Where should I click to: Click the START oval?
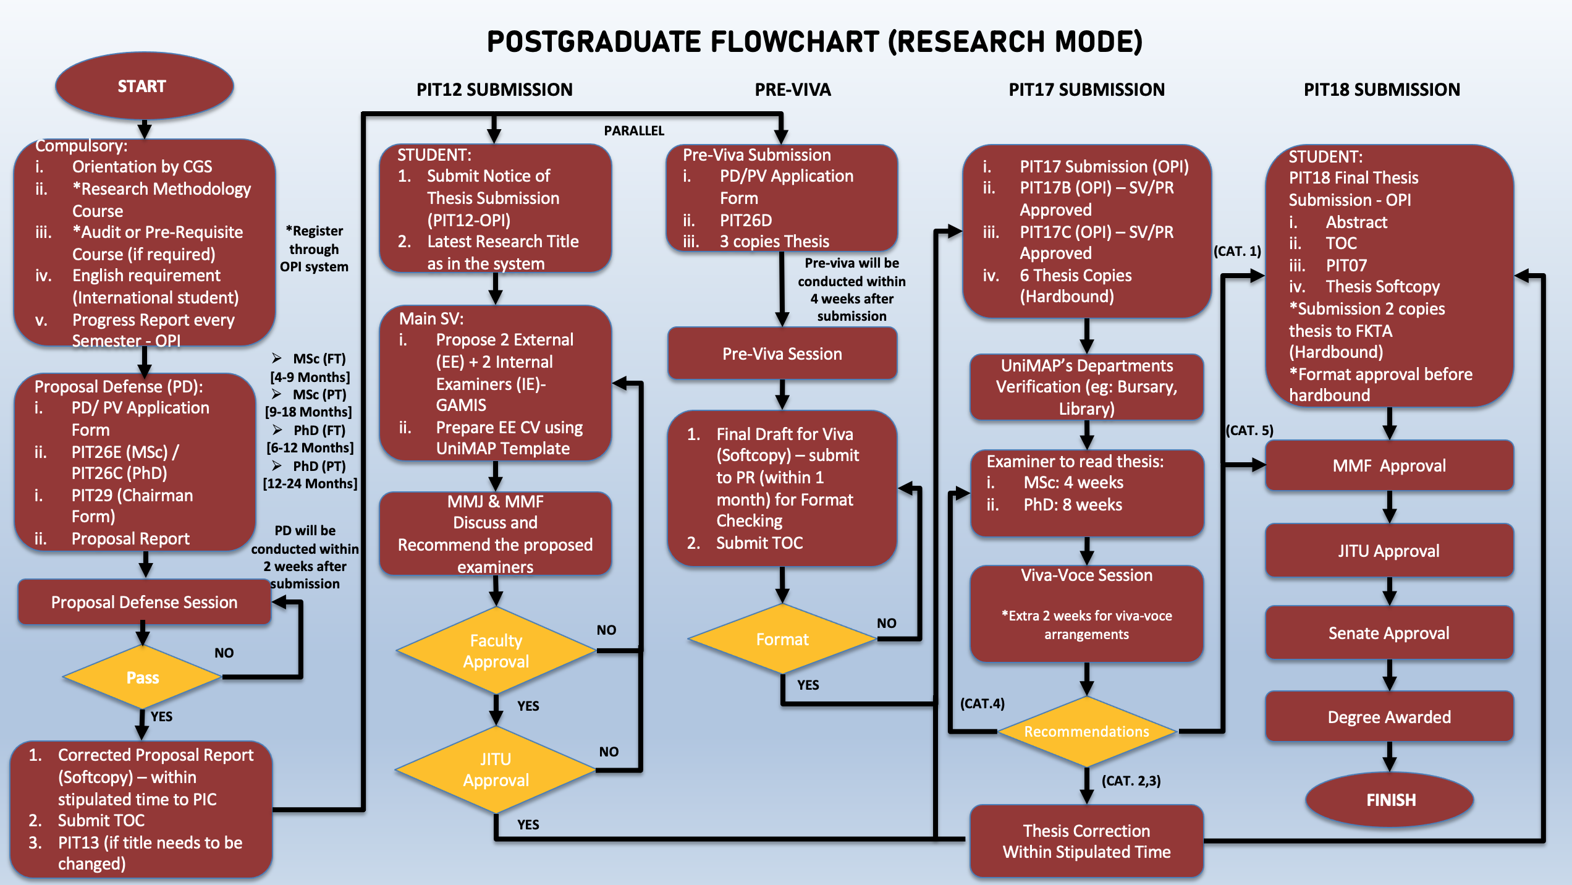pos(143,86)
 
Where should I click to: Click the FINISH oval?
pos(1390,800)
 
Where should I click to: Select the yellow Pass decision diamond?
pos(143,677)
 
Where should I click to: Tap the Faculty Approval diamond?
pos(496,651)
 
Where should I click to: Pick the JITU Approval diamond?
pos(496,769)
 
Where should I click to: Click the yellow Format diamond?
pos(782,639)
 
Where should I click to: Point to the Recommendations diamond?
pos(1086,731)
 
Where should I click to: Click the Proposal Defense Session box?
pos(144,602)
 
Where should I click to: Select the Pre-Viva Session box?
pos(782,354)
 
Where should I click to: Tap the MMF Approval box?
pos(1389,465)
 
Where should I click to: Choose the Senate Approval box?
pos(1389,633)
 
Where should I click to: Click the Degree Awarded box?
pos(1389,717)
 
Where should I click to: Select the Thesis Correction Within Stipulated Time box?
pos(1086,841)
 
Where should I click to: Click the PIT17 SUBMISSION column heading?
pos(1086,90)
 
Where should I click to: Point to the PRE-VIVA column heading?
pos(793,90)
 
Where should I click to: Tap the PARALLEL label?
pos(634,130)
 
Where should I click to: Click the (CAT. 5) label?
pos(1249,430)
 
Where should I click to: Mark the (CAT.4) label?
pos(982,703)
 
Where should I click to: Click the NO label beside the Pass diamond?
pos(224,653)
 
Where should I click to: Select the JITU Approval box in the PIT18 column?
pos(1389,551)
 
